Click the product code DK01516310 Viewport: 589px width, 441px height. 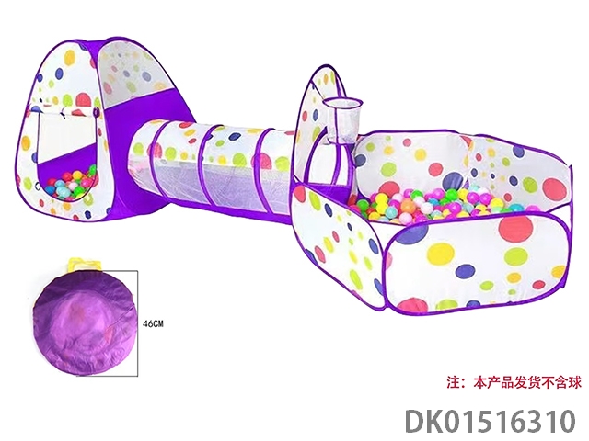pyautogui.click(x=491, y=422)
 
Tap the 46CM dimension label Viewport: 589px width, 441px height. pyautogui.click(x=154, y=323)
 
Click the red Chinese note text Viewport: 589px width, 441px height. pyautogui.click(x=514, y=382)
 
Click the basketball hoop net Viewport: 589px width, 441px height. pyautogui.click(x=342, y=120)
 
